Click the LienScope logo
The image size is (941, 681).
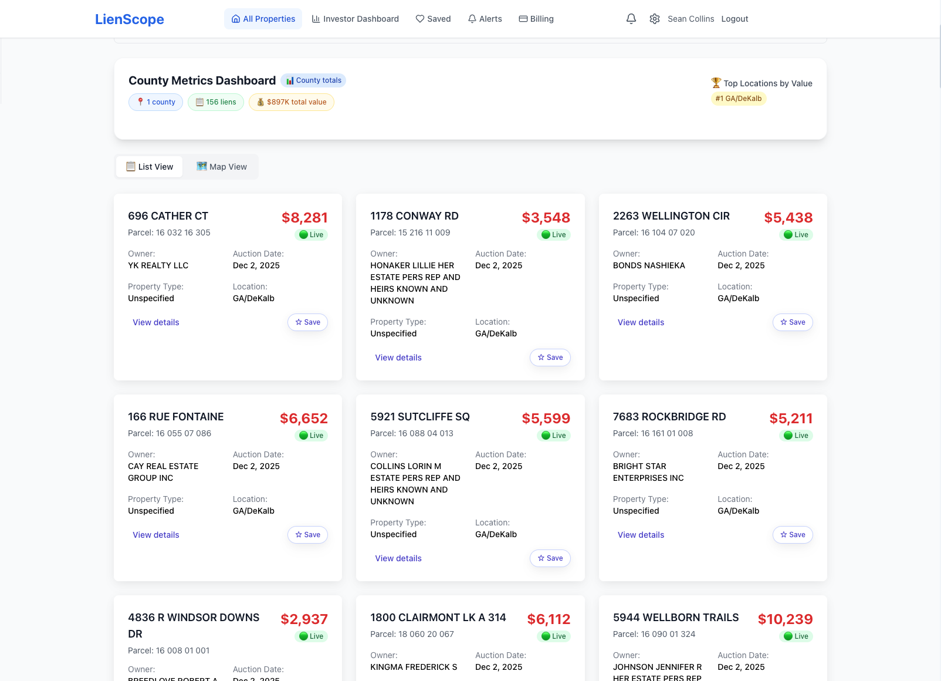[129, 19]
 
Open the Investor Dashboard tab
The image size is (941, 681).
[355, 19]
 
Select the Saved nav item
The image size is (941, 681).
[433, 19]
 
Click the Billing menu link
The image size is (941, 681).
[536, 19]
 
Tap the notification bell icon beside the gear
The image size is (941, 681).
[631, 19]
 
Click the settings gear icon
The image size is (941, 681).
[655, 19]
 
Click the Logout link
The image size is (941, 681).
[734, 19]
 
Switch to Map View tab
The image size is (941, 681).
[222, 167]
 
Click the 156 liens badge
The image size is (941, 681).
[216, 102]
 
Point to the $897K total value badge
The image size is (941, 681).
[292, 102]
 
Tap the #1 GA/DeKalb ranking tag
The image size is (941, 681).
[739, 99]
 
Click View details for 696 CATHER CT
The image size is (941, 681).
[156, 322]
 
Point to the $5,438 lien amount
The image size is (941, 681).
[788, 218]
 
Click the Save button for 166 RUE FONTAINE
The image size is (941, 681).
[307, 535]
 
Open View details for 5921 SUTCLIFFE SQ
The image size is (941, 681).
[398, 558]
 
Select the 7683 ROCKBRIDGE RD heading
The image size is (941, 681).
[669, 417]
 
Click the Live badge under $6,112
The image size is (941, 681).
[553, 636]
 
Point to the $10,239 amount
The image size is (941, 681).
[785, 619]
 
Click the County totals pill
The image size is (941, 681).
[313, 80]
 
